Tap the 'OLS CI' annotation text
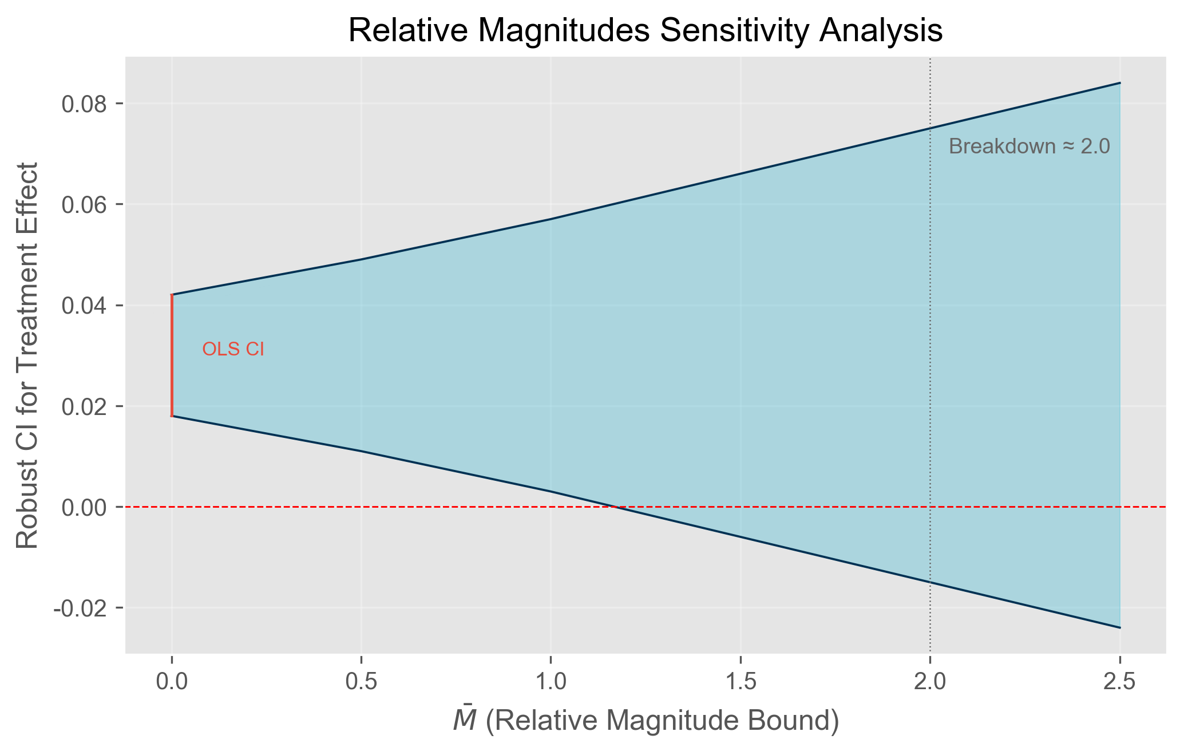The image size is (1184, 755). (x=233, y=349)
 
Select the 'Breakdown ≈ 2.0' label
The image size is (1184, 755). (x=1029, y=147)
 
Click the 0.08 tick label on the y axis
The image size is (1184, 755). (x=86, y=104)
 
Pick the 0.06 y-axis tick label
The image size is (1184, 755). (x=86, y=205)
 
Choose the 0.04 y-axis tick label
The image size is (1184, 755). (x=86, y=306)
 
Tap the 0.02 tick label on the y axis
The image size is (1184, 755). (x=86, y=406)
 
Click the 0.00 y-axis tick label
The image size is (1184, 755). (x=86, y=507)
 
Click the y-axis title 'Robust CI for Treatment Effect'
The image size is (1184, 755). (x=27, y=355)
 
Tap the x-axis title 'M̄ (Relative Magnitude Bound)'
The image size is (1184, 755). (x=646, y=721)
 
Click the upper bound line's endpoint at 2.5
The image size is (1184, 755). (x=1119, y=83)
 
